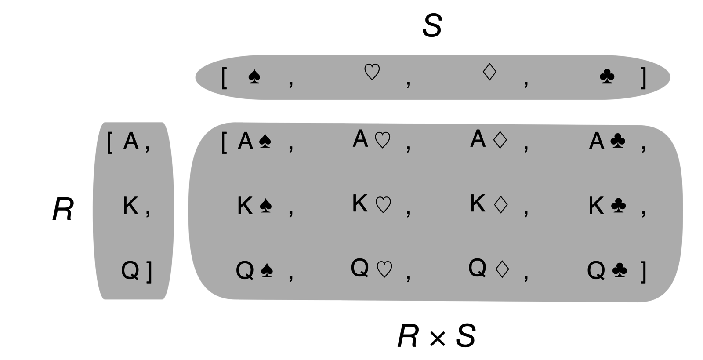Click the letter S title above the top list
coord(431,26)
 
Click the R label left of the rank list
coord(63,210)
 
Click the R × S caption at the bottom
coord(436,337)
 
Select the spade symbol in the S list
coord(254,76)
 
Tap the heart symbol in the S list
coord(372,72)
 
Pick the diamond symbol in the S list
coord(489,72)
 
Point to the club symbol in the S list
coord(607,76)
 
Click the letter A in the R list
coord(131,141)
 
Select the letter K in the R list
coord(130,206)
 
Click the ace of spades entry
coord(254,142)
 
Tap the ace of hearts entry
coord(372,139)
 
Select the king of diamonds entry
coord(489,204)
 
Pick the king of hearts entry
coord(372,204)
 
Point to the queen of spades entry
coord(254,270)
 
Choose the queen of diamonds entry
coord(489,268)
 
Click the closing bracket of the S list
coord(643,78)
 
